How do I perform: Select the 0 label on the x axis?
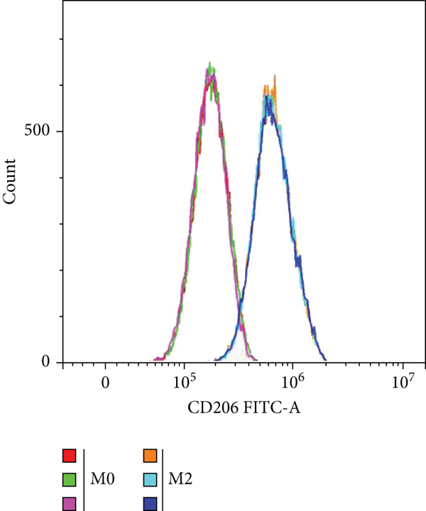pos(105,384)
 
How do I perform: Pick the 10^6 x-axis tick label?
pos(293,383)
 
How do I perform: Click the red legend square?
pos(70,456)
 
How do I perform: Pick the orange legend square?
pos(149,456)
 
